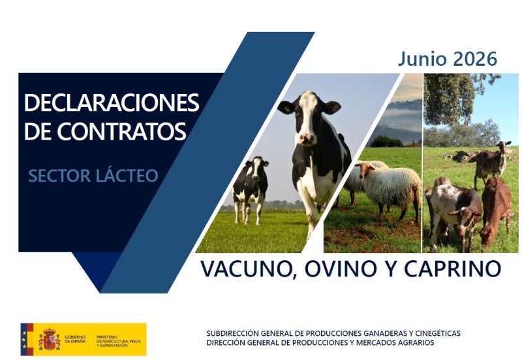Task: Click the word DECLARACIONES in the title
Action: [x=112, y=103]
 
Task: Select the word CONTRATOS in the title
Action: [x=121, y=132]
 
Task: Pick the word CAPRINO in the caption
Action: [x=453, y=269]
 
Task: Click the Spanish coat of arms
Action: [x=50, y=339]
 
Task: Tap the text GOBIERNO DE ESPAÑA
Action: [x=75, y=339]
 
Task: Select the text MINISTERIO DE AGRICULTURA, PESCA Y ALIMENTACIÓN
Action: [x=119, y=341]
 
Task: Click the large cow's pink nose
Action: [x=306, y=138]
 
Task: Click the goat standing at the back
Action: [x=492, y=164]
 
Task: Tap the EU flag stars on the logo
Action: [x=24, y=339]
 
